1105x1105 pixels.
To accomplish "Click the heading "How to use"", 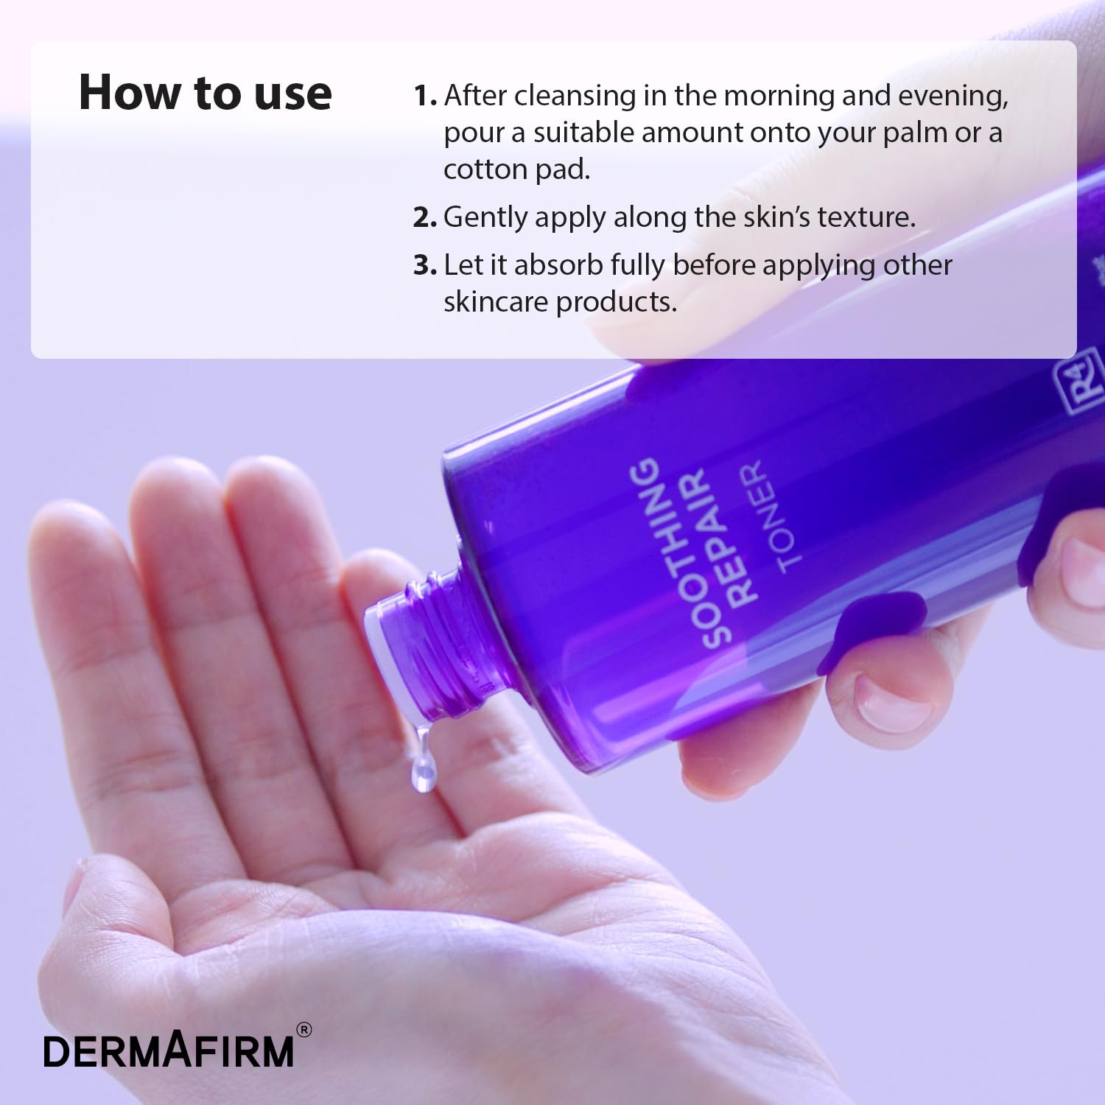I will [x=205, y=93].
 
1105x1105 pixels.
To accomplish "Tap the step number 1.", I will [x=424, y=96].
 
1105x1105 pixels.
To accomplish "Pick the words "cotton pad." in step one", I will [x=516, y=169].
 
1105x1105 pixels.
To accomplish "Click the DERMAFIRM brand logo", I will [x=169, y=1051].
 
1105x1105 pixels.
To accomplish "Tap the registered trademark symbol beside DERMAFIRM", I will [x=303, y=1030].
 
